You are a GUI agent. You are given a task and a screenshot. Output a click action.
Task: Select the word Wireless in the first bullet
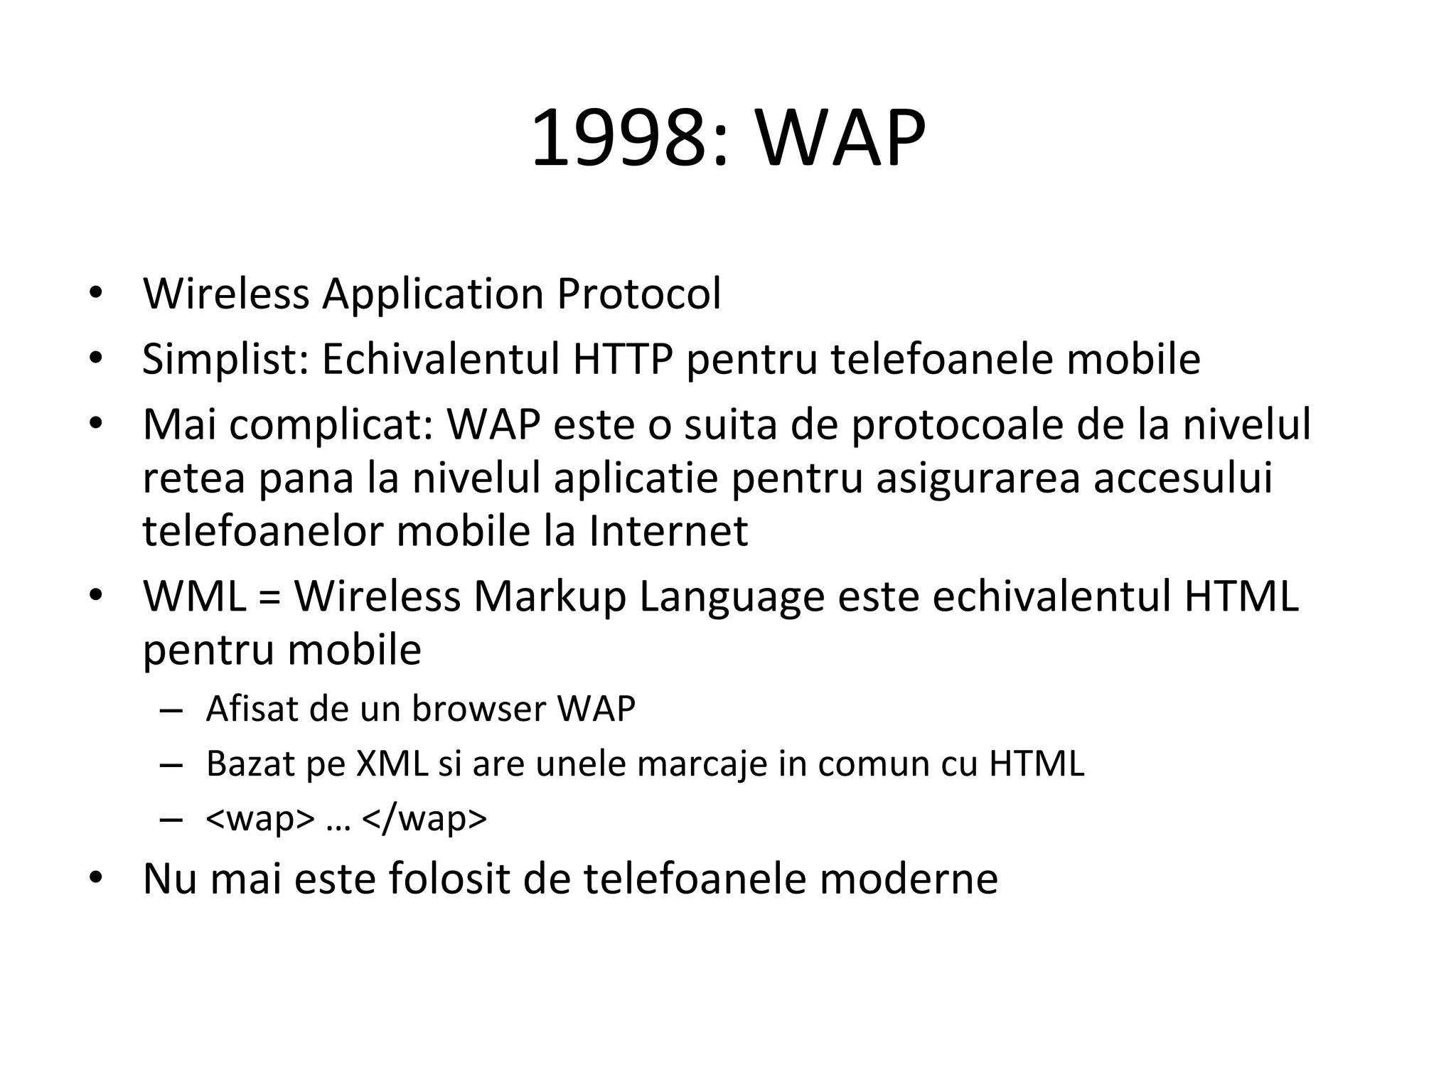pos(226,293)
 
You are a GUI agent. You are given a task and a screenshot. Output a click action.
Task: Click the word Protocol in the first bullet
pos(638,293)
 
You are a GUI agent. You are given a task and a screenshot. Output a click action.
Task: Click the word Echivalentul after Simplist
pos(441,359)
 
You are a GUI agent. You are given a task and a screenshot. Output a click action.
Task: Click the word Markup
pos(550,597)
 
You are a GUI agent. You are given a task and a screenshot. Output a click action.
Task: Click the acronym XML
pos(392,764)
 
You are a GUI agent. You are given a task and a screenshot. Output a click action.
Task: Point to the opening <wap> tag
pos(259,818)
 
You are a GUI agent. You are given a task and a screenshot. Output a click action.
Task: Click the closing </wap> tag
pos(424,818)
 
